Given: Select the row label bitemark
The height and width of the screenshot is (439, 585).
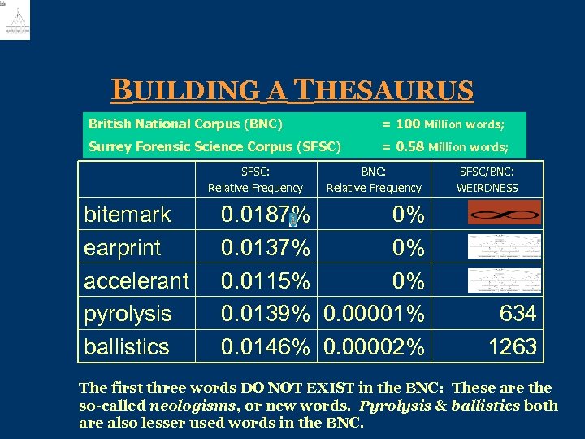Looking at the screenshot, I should point(128,215).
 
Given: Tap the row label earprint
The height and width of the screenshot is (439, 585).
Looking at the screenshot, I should point(123,248).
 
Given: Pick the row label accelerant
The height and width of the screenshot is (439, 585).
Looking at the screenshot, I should point(136,281).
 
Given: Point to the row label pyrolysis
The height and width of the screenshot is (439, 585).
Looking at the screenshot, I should point(128,314).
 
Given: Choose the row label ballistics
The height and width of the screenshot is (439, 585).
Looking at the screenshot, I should point(127,347).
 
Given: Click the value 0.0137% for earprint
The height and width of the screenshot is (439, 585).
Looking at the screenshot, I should point(266,248).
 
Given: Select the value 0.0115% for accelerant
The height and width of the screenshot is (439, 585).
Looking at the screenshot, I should point(266,281).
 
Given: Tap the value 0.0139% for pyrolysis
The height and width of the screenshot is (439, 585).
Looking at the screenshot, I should point(266,314).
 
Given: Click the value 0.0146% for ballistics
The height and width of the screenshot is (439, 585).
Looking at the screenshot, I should point(266,347).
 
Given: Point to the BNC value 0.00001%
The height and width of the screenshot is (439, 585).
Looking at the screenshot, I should point(374,314).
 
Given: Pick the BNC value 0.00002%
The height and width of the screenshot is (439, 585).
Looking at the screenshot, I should point(374,347).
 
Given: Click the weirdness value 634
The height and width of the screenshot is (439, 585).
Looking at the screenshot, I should point(518,314).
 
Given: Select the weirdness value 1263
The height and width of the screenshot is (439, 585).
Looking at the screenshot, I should point(512,347).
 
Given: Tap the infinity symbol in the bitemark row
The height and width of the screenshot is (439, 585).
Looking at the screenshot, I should point(504,215).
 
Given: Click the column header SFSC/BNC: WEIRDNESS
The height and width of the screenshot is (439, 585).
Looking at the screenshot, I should point(487,180).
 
